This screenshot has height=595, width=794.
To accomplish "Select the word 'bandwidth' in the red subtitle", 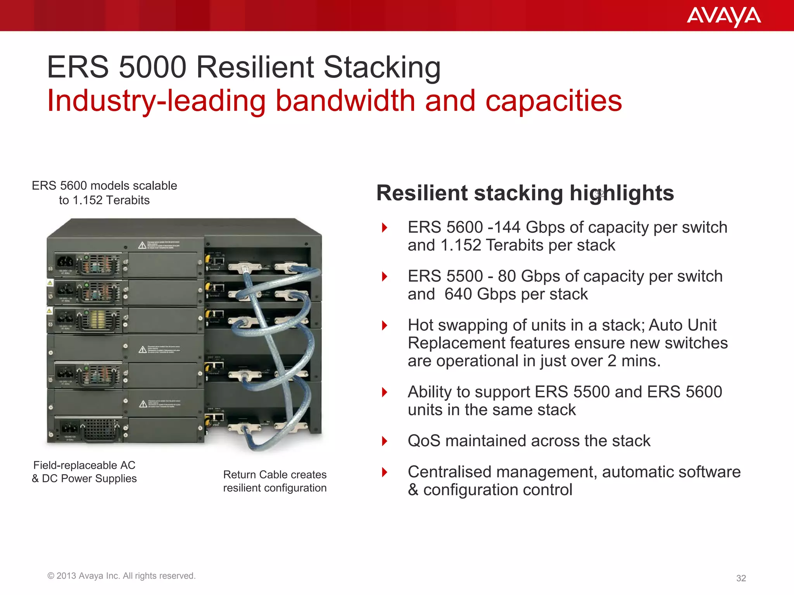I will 345,101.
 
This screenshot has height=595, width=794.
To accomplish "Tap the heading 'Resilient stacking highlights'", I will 525,193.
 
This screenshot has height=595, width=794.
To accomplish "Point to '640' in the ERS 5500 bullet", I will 459,294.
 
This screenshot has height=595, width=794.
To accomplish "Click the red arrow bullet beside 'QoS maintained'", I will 385,441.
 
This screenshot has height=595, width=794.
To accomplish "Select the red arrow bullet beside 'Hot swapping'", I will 385,325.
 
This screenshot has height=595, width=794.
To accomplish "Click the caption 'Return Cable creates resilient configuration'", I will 274,481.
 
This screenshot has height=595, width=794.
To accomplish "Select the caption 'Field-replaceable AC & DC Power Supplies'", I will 84,472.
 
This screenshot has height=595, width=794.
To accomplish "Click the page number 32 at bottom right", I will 741,578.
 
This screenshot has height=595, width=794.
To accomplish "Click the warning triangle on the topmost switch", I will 142,246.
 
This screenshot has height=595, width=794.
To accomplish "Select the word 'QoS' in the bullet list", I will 424,441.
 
